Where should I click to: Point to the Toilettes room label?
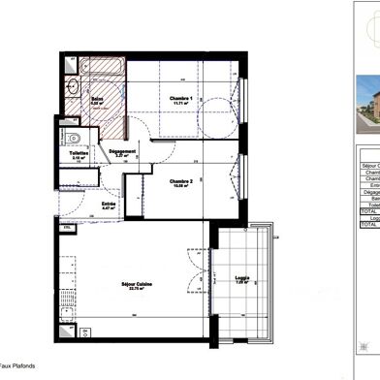(x=79, y=152)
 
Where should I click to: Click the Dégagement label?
(x=122, y=151)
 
